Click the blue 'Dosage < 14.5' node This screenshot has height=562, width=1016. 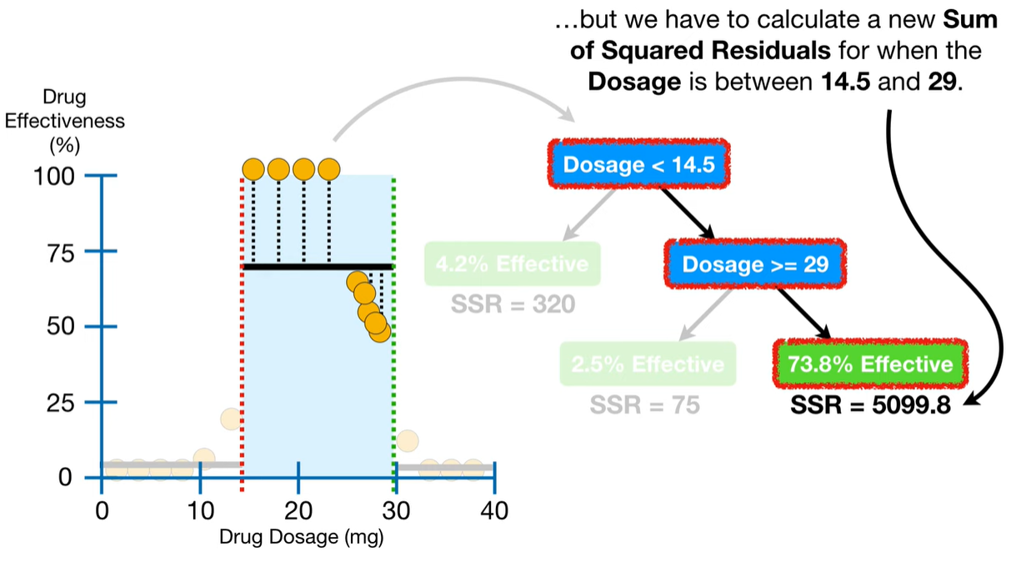click(x=638, y=164)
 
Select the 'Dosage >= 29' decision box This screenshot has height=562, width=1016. click(x=755, y=264)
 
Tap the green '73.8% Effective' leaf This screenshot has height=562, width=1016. click(x=871, y=364)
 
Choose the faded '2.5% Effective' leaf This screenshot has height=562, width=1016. click(x=648, y=364)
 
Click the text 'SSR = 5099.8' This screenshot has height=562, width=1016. click(x=871, y=408)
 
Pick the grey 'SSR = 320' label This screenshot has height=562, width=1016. click(x=513, y=305)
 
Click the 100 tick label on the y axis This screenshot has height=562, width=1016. click(x=54, y=176)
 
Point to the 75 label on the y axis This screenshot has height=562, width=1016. click(x=59, y=252)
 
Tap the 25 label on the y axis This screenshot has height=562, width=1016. click(x=59, y=403)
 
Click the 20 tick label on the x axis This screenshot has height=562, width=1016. click(x=298, y=509)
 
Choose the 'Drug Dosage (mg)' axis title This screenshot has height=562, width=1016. click(x=301, y=538)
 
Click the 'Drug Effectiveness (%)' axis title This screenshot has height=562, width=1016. click(x=64, y=121)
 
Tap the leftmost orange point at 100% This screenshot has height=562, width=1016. click(x=253, y=170)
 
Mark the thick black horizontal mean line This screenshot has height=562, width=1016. click(x=317, y=267)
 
